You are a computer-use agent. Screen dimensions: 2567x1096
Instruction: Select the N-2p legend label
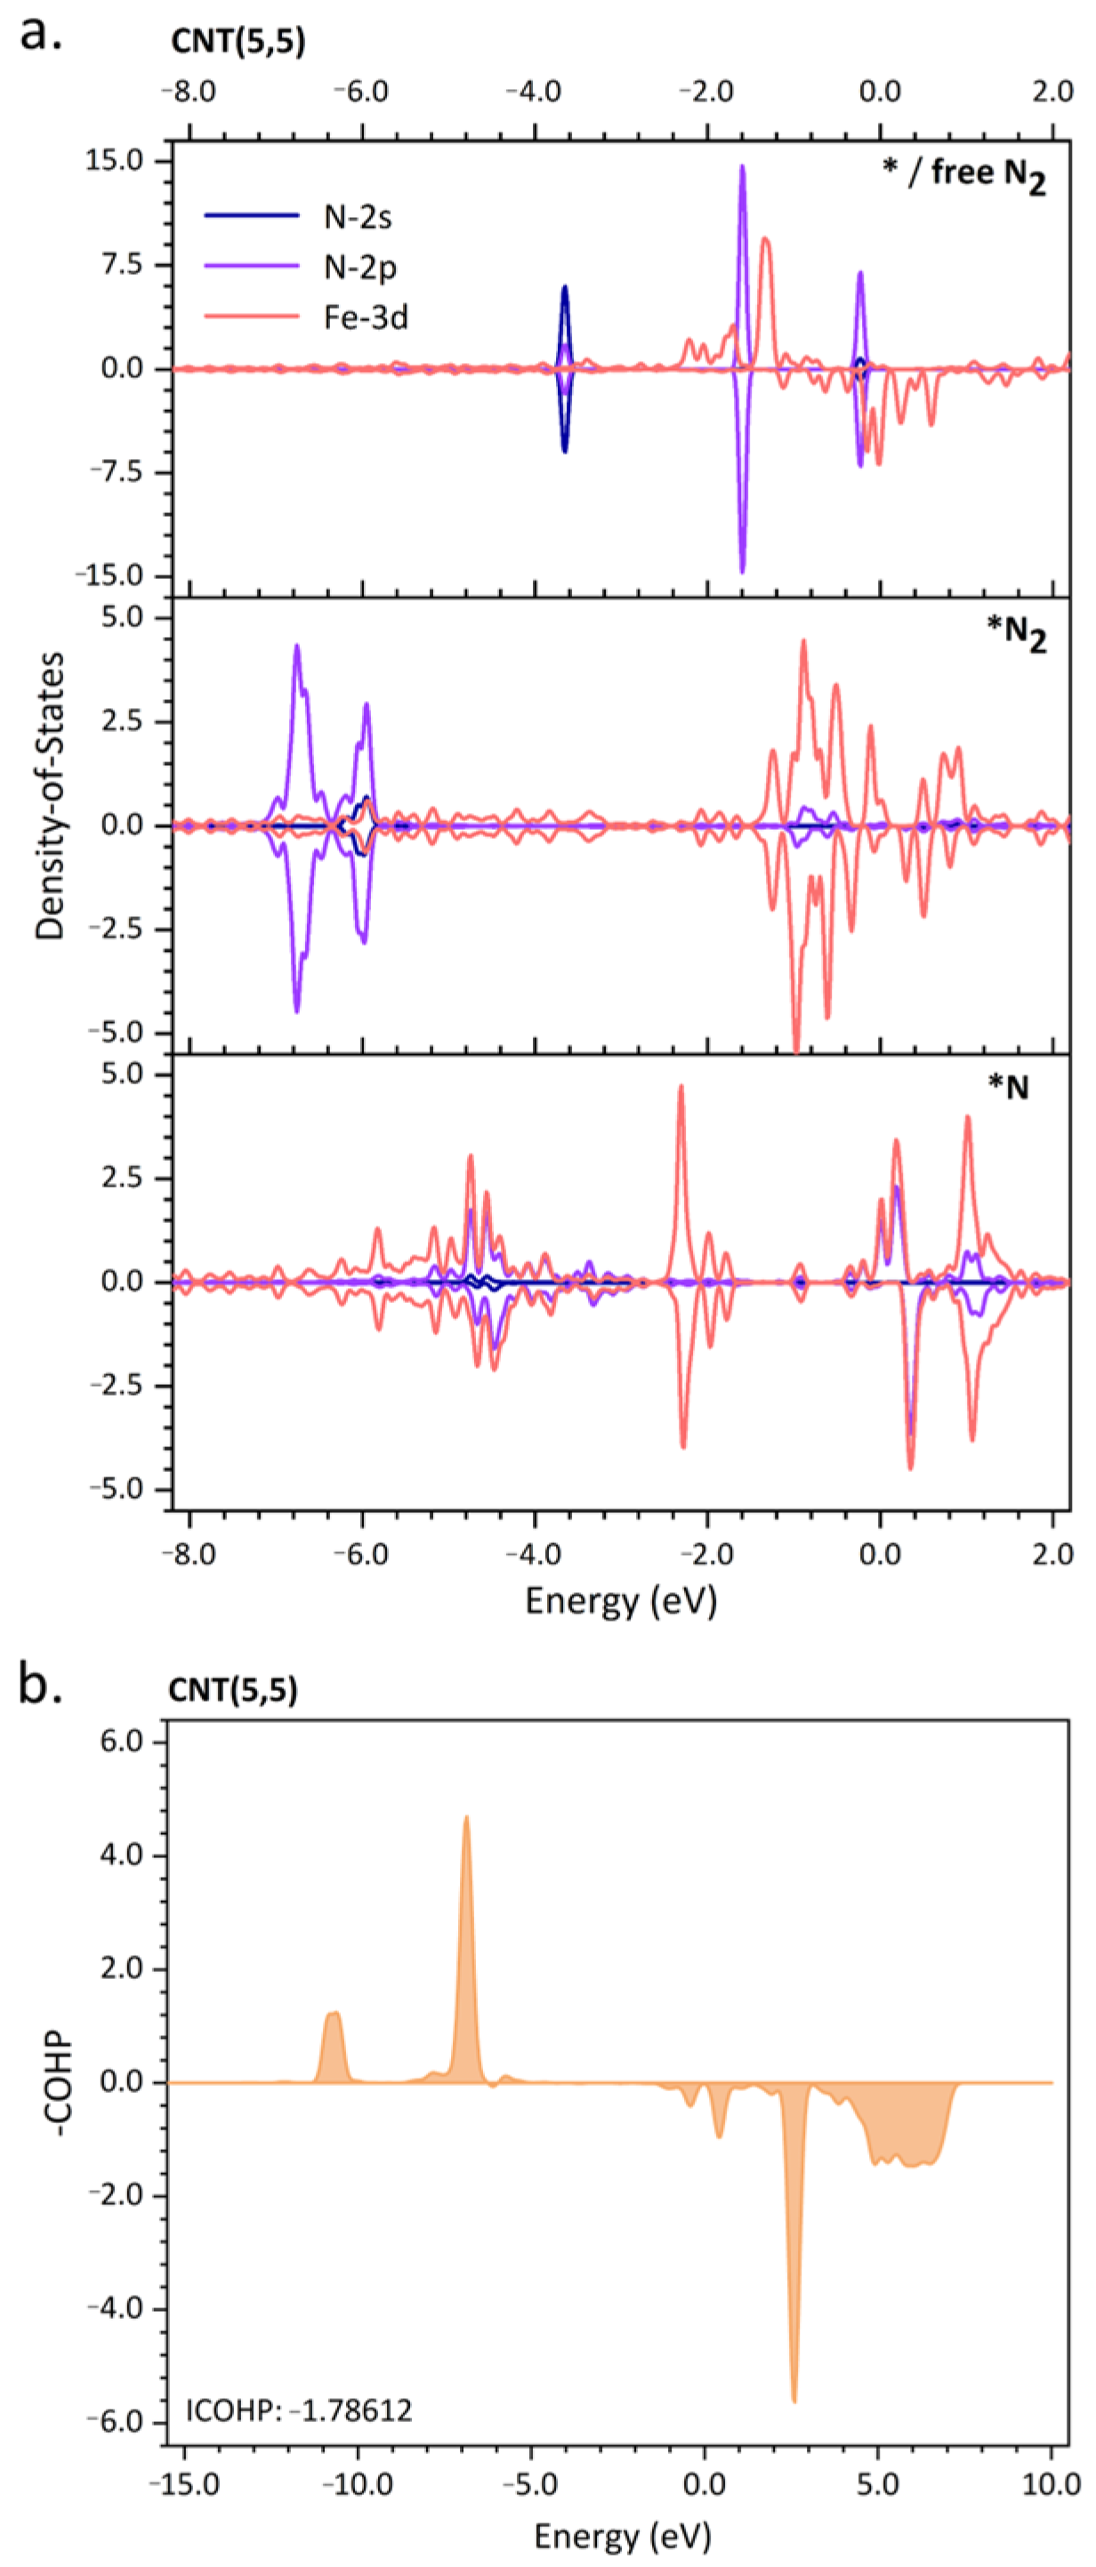tap(359, 267)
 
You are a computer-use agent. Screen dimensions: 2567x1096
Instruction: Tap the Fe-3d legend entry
tap(365, 318)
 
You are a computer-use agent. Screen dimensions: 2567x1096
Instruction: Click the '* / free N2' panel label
tap(963, 174)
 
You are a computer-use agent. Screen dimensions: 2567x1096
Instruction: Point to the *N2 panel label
tap(1015, 634)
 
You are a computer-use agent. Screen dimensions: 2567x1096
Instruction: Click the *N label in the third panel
tap(1007, 1086)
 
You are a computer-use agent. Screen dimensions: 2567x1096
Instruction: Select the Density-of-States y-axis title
tap(50, 795)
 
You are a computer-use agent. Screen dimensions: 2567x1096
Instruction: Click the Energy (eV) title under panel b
tap(622, 2534)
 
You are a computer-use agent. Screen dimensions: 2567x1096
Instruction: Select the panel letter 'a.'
tap(41, 33)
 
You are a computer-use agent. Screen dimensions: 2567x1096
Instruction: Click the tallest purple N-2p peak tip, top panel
tap(741, 167)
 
